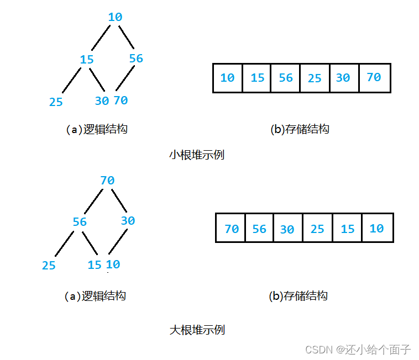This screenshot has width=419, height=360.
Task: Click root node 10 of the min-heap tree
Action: point(115,17)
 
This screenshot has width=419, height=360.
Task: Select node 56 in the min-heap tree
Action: point(136,59)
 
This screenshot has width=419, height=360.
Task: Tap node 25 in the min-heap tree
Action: point(56,102)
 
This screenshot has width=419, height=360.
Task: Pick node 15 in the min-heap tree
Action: point(87,60)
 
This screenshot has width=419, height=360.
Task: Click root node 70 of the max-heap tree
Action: point(107,181)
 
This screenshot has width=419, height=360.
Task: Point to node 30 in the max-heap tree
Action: point(128,221)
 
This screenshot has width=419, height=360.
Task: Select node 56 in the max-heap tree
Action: point(80,222)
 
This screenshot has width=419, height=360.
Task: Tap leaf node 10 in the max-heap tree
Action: point(113,264)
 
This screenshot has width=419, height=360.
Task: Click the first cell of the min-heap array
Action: point(227,78)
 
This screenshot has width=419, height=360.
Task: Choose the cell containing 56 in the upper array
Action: point(286,78)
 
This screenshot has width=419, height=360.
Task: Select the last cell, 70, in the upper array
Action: point(374,78)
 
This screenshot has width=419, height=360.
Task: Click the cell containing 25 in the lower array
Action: point(317,229)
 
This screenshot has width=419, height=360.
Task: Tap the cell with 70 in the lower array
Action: point(232,229)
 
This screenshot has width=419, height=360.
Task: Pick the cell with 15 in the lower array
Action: point(347,229)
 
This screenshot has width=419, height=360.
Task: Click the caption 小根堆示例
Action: point(196,155)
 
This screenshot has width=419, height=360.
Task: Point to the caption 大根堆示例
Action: point(197,330)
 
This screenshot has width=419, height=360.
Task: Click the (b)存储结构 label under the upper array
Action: point(300,130)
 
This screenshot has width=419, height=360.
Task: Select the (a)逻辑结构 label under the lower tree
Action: point(95,296)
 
